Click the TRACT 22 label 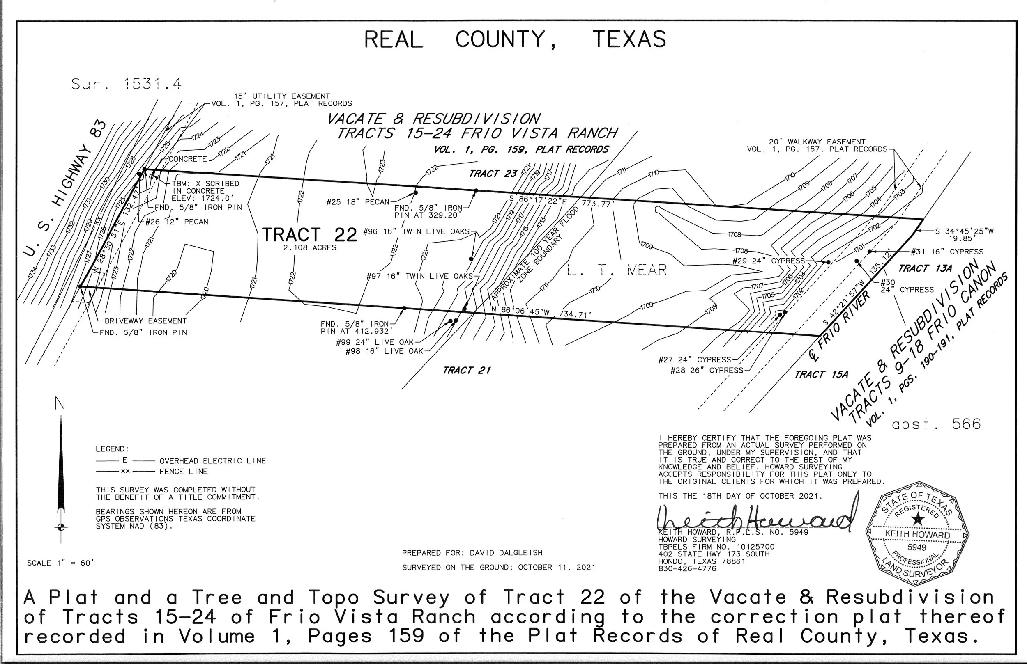pos(309,235)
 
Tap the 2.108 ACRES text pos(309,248)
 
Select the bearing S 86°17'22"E pos(542,201)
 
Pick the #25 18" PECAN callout pos(358,202)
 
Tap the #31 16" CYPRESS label pos(947,252)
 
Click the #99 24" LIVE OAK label pos(375,342)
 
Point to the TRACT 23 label pos(493,174)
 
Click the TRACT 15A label pos(821,374)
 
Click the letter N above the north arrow pos(60,404)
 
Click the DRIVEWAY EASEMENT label pos(145,321)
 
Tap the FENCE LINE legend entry pos(183,472)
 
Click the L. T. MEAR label pos(617,270)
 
